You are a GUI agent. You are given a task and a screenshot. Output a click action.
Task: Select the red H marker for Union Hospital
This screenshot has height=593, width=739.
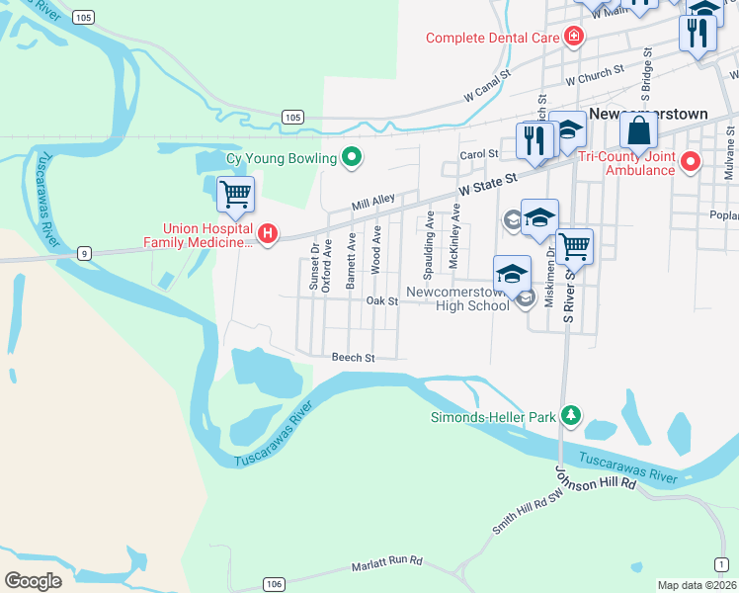267,233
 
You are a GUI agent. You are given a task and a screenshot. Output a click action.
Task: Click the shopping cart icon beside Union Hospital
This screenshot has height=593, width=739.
235,194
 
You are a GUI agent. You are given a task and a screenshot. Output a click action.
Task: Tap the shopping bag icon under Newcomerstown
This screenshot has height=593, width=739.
639,130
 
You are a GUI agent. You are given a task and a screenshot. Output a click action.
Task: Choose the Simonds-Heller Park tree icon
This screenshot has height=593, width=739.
569,415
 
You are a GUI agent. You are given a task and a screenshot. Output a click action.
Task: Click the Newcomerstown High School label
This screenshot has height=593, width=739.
473,299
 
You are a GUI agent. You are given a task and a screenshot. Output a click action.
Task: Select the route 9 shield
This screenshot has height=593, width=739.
86,253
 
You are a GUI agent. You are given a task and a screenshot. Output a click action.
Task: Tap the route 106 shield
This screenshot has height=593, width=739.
273,584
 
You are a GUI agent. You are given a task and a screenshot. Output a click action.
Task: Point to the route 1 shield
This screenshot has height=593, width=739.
723,563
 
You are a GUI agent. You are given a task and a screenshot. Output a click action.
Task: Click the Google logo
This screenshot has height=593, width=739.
34,580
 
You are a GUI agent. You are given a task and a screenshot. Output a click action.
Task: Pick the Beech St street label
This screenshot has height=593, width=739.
354,357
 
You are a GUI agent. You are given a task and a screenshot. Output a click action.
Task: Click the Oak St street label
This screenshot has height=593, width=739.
381,300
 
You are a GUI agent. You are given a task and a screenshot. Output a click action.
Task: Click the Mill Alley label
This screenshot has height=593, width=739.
374,202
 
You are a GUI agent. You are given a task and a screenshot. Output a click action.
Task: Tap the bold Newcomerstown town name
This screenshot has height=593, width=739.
648,114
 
